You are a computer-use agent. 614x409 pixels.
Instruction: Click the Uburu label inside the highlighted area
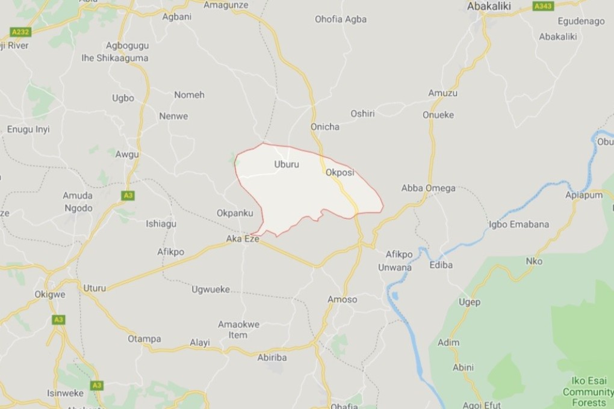286,164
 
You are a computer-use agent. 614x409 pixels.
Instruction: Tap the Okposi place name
340,173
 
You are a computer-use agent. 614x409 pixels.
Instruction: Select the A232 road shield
20,32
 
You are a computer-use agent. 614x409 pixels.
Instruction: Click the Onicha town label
325,126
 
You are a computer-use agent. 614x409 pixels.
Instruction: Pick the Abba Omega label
429,188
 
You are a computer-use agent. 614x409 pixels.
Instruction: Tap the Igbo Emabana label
518,224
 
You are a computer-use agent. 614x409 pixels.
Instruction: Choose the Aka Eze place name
242,239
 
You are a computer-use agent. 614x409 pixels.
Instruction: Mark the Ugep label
470,302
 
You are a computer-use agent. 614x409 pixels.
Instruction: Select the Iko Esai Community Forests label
588,392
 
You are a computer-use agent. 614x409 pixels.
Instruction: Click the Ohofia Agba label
341,19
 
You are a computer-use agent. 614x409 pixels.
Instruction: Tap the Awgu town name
127,154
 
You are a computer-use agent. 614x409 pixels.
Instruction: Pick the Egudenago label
581,21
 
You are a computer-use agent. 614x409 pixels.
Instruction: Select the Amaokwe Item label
238,330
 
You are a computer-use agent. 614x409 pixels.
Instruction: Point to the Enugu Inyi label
28,129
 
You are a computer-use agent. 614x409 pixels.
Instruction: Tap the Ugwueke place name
211,289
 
